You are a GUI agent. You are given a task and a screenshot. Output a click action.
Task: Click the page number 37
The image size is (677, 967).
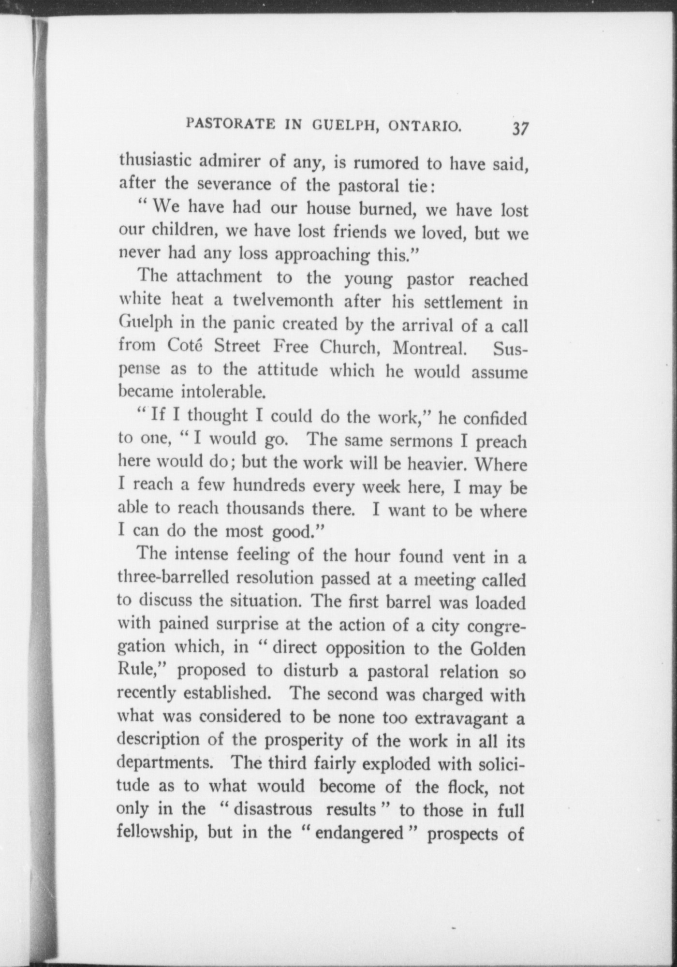tap(519, 130)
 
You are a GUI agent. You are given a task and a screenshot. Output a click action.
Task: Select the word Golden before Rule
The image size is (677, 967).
tap(500, 649)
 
